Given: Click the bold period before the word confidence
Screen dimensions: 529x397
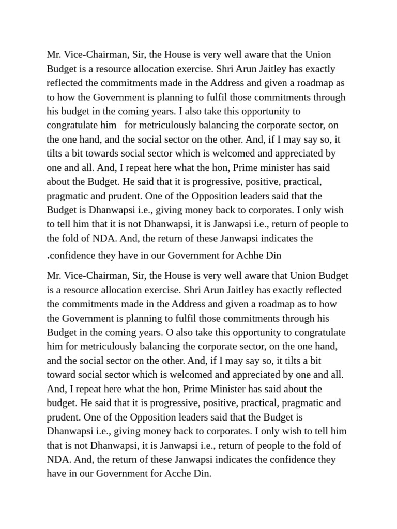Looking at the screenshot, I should click(48, 255).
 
